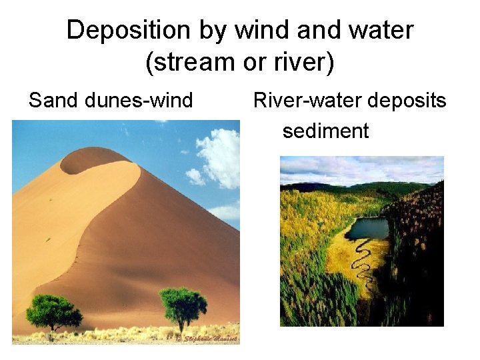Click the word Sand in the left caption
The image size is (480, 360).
click(x=54, y=101)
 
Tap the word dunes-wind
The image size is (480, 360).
click(x=139, y=101)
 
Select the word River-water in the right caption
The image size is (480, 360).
click(x=306, y=101)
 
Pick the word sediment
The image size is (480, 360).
click(x=325, y=131)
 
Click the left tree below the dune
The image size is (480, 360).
click(x=53, y=310)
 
